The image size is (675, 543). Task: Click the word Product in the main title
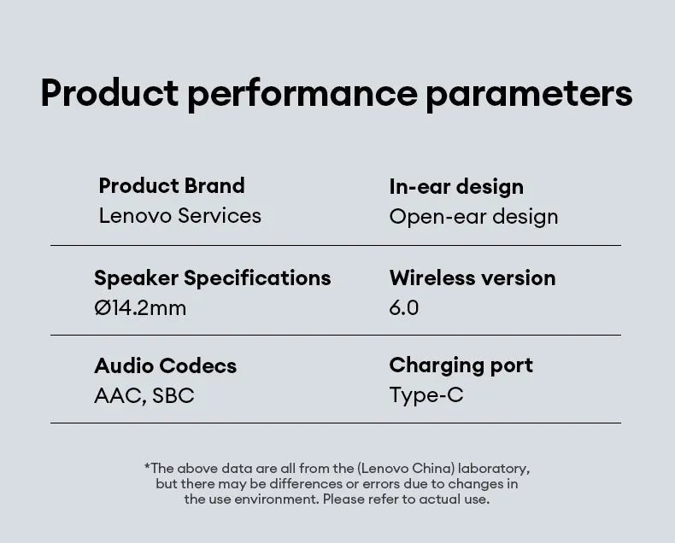click(x=109, y=93)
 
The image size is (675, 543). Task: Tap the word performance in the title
click(x=302, y=93)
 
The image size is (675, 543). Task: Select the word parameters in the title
click(x=529, y=93)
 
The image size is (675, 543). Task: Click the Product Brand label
click(x=172, y=186)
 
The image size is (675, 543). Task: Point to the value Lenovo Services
click(x=179, y=216)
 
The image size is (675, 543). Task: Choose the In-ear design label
click(x=456, y=187)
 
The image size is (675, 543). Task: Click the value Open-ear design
click(x=473, y=217)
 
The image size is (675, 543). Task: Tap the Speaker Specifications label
click(x=212, y=278)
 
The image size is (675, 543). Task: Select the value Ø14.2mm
click(x=140, y=308)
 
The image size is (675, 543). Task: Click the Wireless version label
click(x=472, y=278)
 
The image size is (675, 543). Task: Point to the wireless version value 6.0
click(x=404, y=308)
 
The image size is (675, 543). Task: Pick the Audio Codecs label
click(x=165, y=366)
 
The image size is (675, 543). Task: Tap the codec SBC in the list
click(x=173, y=396)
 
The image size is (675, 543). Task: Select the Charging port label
click(x=461, y=365)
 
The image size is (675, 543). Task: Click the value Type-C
click(x=426, y=395)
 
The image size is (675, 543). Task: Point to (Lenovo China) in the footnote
click(x=405, y=468)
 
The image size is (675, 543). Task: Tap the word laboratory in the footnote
click(x=493, y=468)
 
